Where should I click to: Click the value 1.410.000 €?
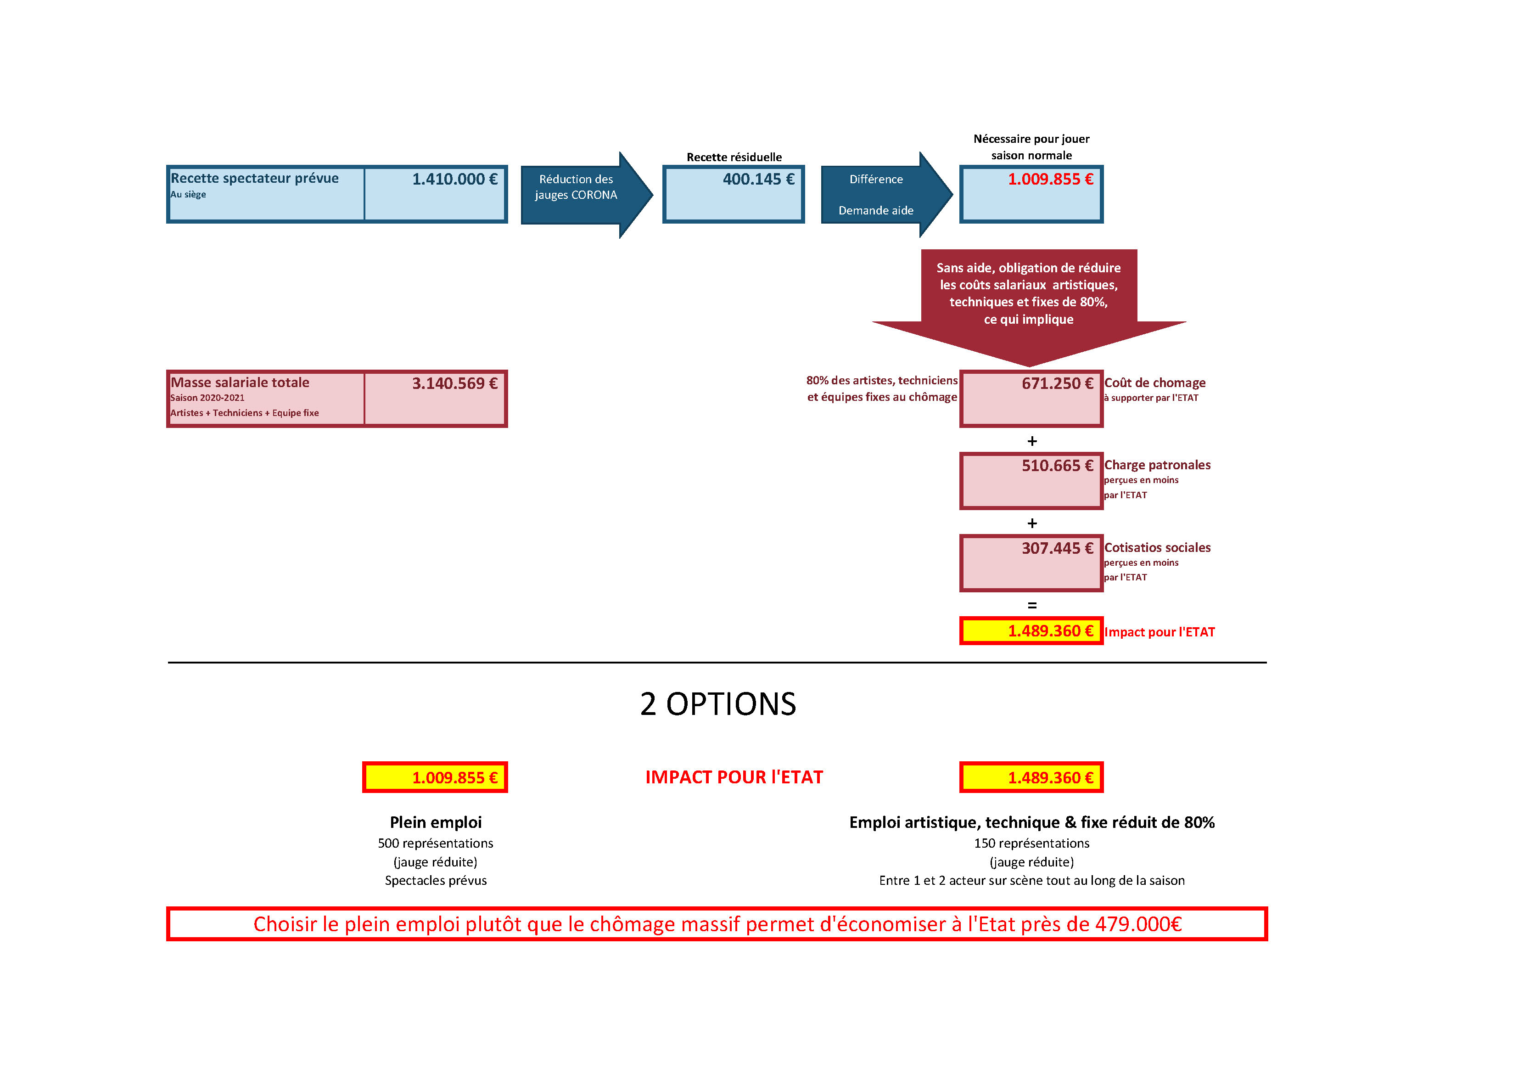coord(455,179)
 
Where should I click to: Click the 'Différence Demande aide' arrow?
coord(886,195)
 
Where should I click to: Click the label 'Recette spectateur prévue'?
coord(255,179)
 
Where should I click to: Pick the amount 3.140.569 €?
coord(455,383)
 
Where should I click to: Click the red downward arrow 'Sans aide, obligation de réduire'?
coord(1029,308)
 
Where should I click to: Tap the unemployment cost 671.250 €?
coord(1057,383)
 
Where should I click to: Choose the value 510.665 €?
coord(1057,466)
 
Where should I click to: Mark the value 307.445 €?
coord(1057,548)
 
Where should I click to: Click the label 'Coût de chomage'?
coord(1155,383)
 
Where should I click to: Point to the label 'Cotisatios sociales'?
coord(1158,548)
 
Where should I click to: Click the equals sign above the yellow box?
coord(1032,605)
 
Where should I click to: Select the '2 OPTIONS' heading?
coord(718,703)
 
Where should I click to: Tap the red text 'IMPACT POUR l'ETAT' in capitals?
coord(734,777)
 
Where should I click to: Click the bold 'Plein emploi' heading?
coord(436,823)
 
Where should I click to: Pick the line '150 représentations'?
coord(1031,843)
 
